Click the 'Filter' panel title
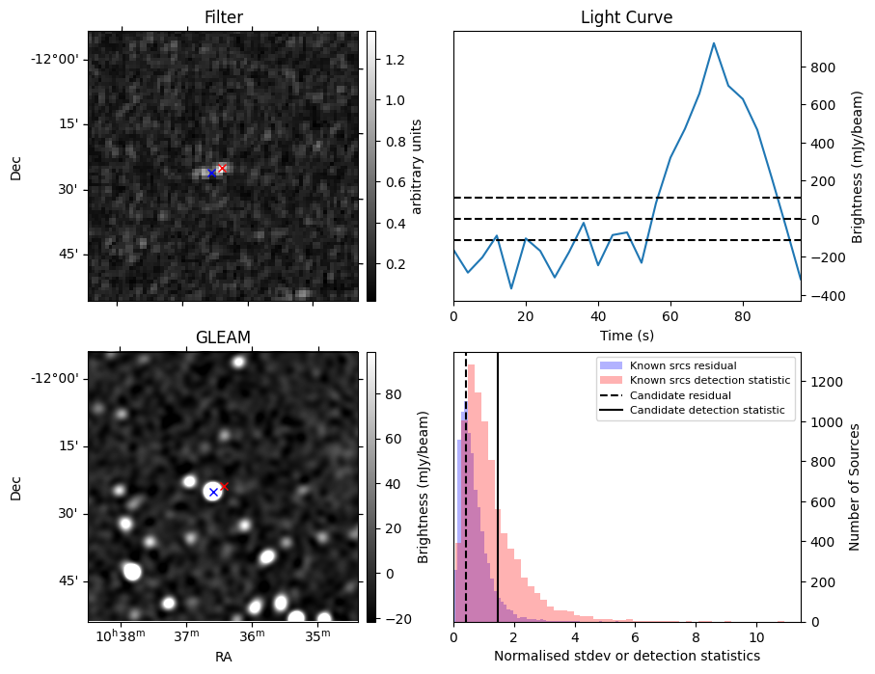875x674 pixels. click(223, 17)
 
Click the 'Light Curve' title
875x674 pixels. click(626, 17)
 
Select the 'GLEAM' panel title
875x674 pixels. click(223, 337)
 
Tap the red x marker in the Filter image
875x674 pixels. click(222, 168)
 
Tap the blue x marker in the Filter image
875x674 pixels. click(211, 174)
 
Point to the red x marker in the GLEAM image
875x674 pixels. click(224, 486)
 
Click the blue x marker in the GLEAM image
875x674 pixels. click(213, 493)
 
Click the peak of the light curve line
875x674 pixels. click(713, 43)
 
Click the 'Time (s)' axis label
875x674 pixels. click(626, 334)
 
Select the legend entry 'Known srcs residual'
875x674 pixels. click(683, 365)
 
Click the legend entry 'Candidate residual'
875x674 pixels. click(680, 395)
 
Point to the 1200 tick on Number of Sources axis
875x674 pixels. click(820, 382)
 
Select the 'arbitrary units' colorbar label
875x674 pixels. click(418, 166)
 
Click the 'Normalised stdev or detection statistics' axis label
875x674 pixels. click(626, 657)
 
